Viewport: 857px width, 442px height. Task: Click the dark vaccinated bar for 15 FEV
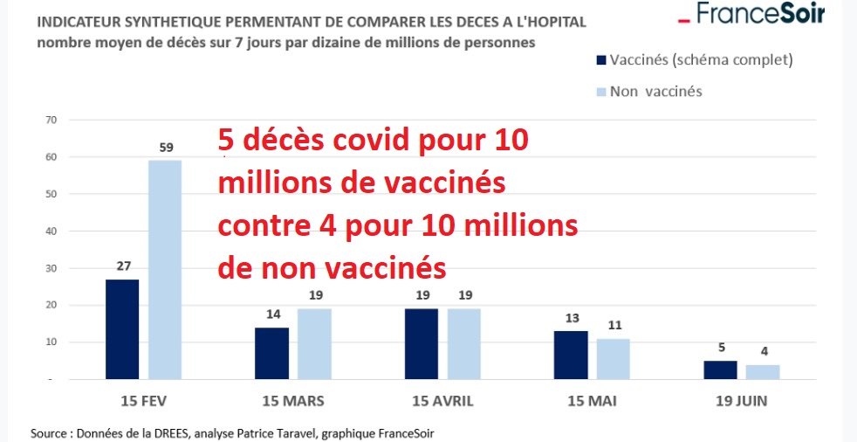click(x=122, y=329)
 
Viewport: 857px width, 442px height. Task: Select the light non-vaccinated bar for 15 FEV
click(x=165, y=270)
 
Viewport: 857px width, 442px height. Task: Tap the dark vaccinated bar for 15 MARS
click(x=272, y=353)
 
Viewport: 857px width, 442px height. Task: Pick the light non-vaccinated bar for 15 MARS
click(x=315, y=344)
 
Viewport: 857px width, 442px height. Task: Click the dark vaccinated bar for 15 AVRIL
click(x=422, y=344)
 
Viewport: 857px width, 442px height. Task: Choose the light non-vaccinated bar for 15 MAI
click(x=613, y=359)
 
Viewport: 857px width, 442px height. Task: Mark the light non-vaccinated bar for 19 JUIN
click(x=763, y=371)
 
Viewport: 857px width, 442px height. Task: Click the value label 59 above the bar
click(x=166, y=148)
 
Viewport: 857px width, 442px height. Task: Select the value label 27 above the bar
click(x=122, y=266)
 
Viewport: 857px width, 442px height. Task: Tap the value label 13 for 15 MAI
click(x=571, y=318)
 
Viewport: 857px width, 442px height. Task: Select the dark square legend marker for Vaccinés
click(x=600, y=60)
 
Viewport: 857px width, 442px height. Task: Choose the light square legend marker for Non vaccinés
click(x=600, y=92)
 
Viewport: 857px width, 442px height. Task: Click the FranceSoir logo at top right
click(x=751, y=14)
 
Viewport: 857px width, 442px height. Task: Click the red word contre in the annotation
click(x=257, y=225)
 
